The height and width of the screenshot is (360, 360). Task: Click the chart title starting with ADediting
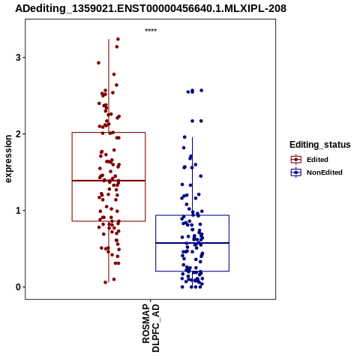(x=151, y=9)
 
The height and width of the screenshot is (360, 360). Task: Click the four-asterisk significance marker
(x=151, y=30)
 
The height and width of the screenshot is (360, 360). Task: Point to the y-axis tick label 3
(x=18, y=58)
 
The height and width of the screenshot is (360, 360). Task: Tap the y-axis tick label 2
(x=18, y=134)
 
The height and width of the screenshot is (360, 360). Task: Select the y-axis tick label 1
(x=18, y=211)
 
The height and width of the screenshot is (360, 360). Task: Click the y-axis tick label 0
(x=18, y=287)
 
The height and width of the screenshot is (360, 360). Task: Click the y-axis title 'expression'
(x=8, y=159)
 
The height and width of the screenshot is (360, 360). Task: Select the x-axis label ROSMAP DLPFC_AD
(x=151, y=328)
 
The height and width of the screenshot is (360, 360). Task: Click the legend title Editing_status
(x=320, y=145)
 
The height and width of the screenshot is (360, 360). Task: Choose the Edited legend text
(x=317, y=160)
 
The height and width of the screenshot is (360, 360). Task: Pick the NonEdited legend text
(x=325, y=172)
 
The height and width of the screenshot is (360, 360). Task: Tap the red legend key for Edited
(x=296, y=160)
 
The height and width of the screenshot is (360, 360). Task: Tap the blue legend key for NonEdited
(x=296, y=172)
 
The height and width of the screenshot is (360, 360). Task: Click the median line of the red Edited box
(x=109, y=181)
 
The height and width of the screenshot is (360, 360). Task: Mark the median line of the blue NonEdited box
(x=192, y=243)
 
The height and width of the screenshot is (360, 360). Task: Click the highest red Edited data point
(x=118, y=39)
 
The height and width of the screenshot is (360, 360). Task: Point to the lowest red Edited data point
(x=106, y=283)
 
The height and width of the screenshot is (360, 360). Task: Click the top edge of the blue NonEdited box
(x=192, y=215)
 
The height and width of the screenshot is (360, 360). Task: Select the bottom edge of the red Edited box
(x=109, y=221)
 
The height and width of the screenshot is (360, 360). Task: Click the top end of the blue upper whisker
(x=192, y=137)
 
